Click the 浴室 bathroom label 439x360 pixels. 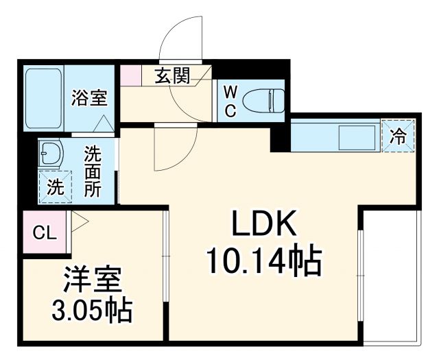coord(89,98)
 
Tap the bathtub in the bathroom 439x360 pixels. coord(45,98)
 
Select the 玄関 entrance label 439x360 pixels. coord(171,75)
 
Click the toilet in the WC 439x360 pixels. coord(265,100)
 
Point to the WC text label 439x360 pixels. coord(230,101)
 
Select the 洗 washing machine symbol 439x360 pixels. coord(53,186)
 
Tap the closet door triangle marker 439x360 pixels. coord(76,221)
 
